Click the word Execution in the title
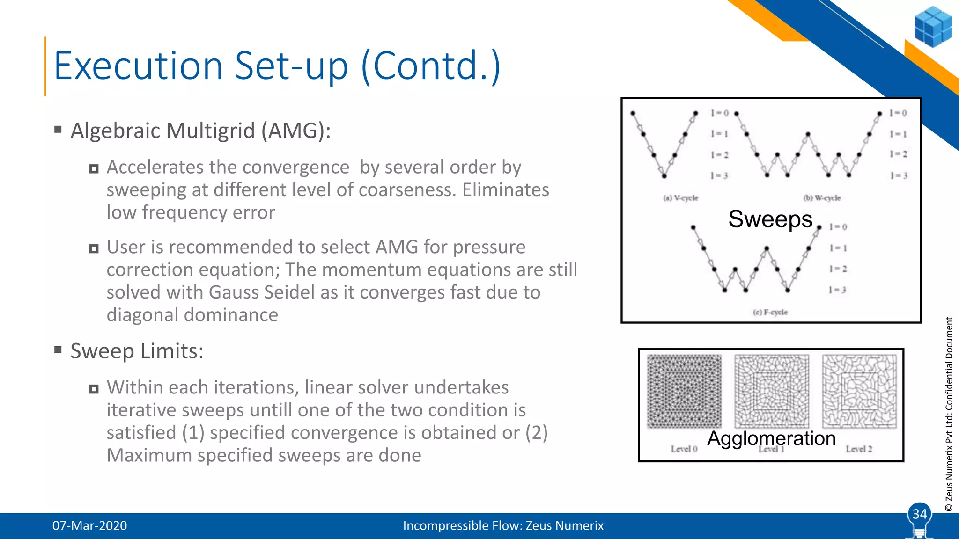pos(139,66)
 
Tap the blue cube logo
pos(932,27)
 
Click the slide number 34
pos(919,514)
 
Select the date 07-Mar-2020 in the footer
pos(89,525)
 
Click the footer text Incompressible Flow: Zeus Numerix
pos(503,525)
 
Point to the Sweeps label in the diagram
pos(770,219)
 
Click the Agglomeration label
pos(771,438)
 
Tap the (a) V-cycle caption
pos(680,198)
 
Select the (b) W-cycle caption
pos(822,198)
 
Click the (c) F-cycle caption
pos(770,312)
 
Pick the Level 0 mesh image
pos(684,391)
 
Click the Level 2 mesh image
pos(859,391)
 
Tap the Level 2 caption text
pos(859,449)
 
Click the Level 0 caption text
pos(684,449)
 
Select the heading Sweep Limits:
pos(137,351)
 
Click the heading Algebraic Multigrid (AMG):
pos(200,131)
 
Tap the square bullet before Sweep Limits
pos(58,350)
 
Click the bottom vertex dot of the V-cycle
pos(664,176)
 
